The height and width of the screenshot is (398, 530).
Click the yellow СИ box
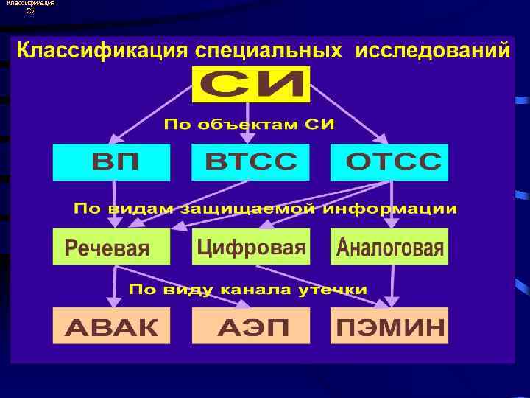click(251, 85)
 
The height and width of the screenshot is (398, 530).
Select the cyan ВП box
click(111, 162)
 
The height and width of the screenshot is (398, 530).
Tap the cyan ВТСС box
click(251, 162)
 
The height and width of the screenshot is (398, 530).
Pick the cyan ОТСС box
click(389, 162)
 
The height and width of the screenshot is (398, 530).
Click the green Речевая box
click(111, 247)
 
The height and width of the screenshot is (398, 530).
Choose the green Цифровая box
click(251, 247)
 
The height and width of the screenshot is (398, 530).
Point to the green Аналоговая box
click(389, 247)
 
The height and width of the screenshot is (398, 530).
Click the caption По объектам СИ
click(249, 124)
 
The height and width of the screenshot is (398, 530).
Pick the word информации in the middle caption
click(398, 209)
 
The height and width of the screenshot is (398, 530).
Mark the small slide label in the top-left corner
click(29, 7)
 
